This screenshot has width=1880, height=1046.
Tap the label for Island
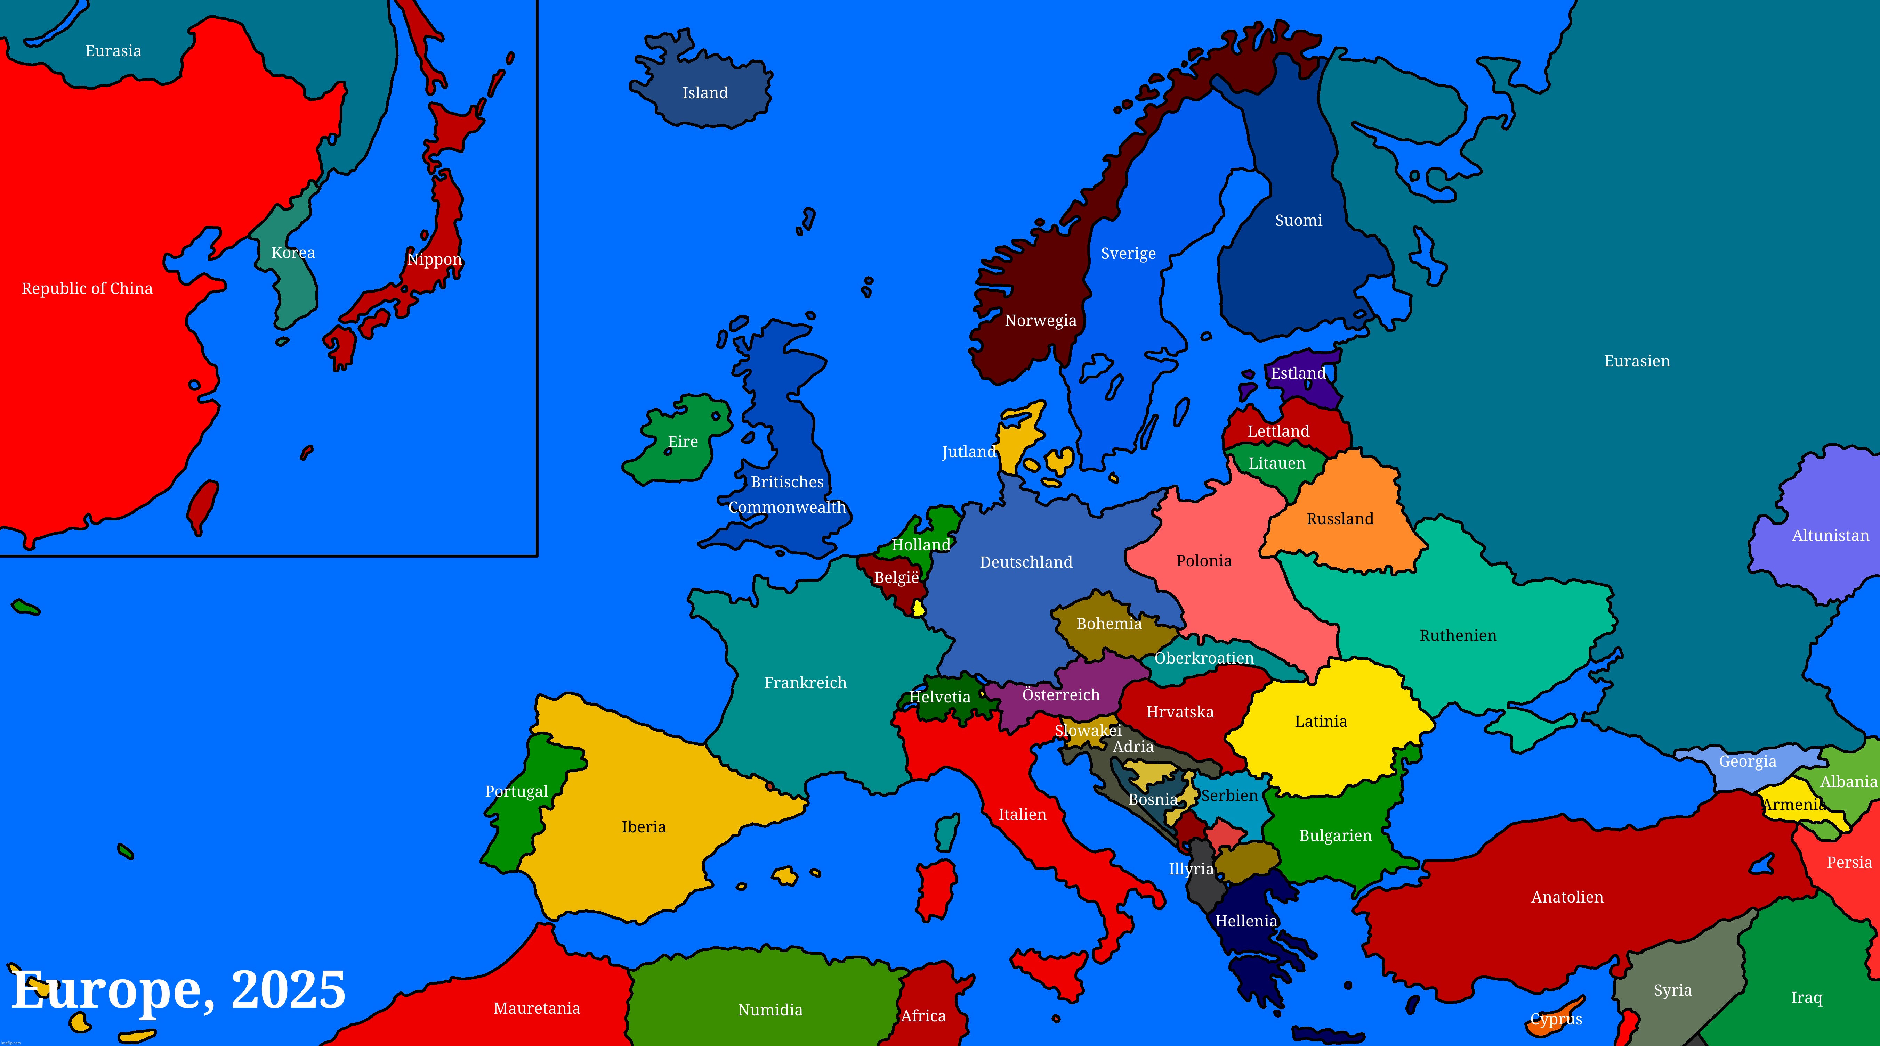pos(705,93)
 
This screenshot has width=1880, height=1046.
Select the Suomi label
pos(1298,220)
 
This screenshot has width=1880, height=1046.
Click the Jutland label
pos(968,452)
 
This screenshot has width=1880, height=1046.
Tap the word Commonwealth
pos(787,507)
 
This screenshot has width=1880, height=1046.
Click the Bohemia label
pos(1108,624)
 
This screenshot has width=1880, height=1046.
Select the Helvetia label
pos(939,697)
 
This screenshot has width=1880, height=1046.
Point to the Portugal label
pos(516,791)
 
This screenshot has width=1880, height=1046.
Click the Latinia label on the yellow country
pos(1320,722)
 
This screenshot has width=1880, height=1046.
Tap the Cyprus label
pos(1556,1019)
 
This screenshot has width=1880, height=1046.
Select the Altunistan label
pos(1830,535)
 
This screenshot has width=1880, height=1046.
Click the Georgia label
pos(1747,761)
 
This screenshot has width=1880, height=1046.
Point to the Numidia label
pos(770,1010)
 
